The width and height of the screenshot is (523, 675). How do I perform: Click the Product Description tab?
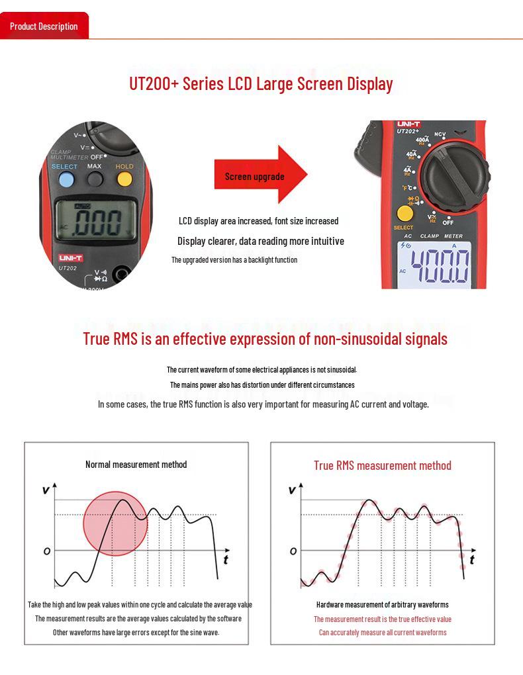pyautogui.click(x=44, y=26)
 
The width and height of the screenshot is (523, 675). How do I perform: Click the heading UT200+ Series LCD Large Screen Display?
pyautogui.click(x=261, y=84)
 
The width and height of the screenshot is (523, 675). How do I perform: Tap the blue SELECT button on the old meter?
pyautogui.click(x=66, y=180)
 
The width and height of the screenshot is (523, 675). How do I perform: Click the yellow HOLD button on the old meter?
pyautogui.click(x=124, y=179)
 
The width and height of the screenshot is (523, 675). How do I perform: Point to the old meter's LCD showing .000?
pyautogui.click(x=97, y=220)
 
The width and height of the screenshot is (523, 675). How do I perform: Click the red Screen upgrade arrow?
pyautogui.click(x=261, y=175)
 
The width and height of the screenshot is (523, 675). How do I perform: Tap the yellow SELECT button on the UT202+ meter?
pyautogui.click(x=404, y=214)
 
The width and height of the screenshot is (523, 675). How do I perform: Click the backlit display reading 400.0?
pyautogui.click(x=435, y=265)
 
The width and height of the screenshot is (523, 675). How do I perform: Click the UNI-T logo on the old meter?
pyautogui.click(x=70, y=257)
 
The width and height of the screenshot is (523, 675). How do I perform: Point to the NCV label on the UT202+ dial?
pyautogui.click(x=440, y=134)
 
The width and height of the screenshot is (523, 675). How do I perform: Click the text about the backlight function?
pyautogui.click(x=234, y=260)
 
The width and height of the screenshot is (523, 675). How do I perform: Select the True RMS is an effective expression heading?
pyautogui.click(x=265, y=339)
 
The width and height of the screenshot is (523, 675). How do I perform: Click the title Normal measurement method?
pyautogui.click(x=136, y=465)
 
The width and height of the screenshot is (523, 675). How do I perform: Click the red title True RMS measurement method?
pyautogui.click(x=382, y=466)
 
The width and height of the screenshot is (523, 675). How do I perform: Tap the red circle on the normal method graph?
pyautogui.click(x=115, y=523)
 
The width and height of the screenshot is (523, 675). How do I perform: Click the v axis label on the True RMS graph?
pyautogui.click(x=292, y=490)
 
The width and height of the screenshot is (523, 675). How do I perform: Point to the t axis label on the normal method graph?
pyautogui.click(x=226, y=560)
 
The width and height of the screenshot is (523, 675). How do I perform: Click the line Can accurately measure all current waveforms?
pyautogui.click(x=382, y=633)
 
